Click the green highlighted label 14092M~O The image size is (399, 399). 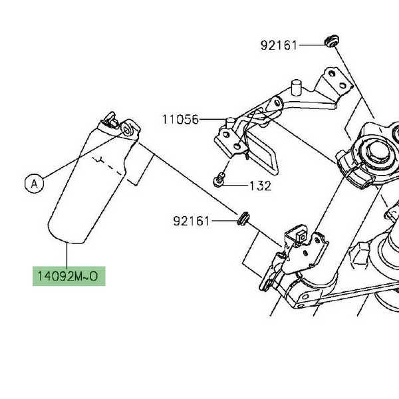click(x=68, y=276)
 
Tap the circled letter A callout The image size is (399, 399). click(x=35, y=184)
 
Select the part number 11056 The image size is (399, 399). click(x=180, y=119)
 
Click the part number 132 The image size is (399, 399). click(x=260, y=186)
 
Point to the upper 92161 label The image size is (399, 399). click(x=279, y=45)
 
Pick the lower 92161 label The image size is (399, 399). click(x=192, y=221)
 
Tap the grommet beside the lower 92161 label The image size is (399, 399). click(x=243, y=218)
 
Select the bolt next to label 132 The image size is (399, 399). click(x=219, y=180)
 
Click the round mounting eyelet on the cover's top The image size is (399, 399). click(x=127, y=130)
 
